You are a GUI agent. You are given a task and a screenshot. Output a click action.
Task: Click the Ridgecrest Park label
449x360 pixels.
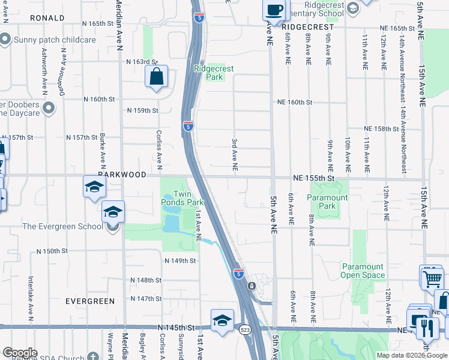tap(209, 73)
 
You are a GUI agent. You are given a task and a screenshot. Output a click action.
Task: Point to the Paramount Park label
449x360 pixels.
tap(327, 202)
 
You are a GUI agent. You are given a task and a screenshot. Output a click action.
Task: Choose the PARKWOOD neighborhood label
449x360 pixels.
tap(122, 174)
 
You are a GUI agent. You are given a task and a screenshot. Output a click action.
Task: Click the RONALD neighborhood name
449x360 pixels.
tap(47, 18)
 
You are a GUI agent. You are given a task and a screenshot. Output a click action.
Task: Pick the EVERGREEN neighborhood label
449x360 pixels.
tap(90, 301)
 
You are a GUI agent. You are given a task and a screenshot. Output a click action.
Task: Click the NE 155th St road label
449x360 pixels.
tap(313, 178)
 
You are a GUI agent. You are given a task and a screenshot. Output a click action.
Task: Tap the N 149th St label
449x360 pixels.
tap(180, 260)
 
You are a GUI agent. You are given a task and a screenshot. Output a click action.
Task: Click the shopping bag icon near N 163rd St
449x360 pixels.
tap(156, 77)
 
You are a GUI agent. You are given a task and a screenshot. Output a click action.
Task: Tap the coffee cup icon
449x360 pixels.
tap(274, 10)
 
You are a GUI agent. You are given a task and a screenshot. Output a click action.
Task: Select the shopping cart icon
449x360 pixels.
tap(431, 277)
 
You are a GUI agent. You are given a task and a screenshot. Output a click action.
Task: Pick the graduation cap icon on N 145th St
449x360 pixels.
tap(221, 321)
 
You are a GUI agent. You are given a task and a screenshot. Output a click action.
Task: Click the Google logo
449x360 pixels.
tap(20, 353)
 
